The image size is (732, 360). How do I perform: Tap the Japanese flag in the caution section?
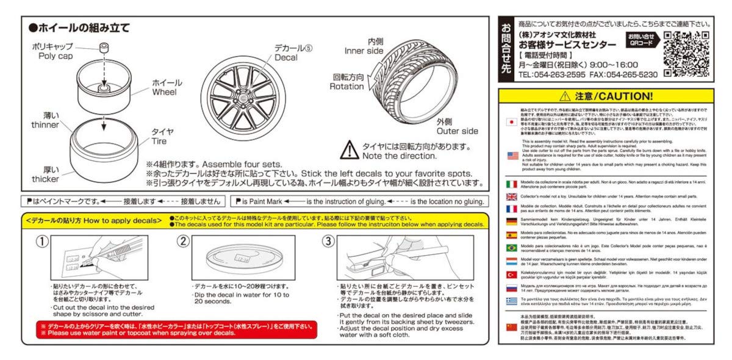[512, 121]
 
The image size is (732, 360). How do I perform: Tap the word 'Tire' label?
[159, 142]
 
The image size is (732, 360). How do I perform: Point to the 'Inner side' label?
[364, 51]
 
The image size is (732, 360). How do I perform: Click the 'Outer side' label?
[457, 131]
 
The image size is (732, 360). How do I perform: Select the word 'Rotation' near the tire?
[346, 87]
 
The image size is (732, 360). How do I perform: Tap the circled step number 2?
[183, 241]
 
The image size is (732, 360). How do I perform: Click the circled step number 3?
[328, 241]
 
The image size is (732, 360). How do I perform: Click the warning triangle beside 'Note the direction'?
[350, 149]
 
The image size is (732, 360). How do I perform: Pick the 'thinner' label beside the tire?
[46, 124]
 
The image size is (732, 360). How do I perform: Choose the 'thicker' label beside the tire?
[46, 179]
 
